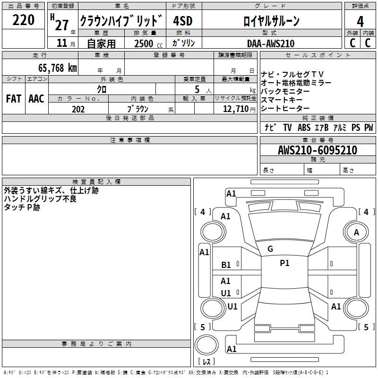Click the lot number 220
click(x=24, y=20)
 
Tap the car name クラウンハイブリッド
click(x=122, y=21)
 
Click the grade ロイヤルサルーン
click(x=271, y=21)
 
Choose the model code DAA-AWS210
click(x=271, y=43)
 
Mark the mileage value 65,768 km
click(x=55, y=68)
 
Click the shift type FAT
click(x=13, y=98)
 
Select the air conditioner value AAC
click(x=36, y=98)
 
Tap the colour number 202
click(x=78, y=109)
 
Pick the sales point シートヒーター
click(x=285, y=108)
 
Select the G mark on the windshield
click(x=270, y=249)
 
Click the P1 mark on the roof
click(x=284, y=263)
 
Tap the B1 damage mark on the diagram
click(x=226, y=265)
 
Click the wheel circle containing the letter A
click(x=357, y=232)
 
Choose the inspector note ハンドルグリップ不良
click(x=40, y=199)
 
